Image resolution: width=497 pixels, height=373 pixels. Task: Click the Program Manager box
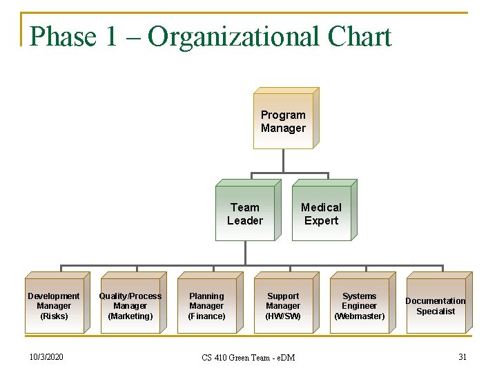tap(283, 121)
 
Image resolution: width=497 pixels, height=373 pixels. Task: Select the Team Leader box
tap(245, 213)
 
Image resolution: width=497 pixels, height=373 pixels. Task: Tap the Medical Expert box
tap(321, 213)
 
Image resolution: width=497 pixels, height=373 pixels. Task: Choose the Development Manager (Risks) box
tap(54, 306)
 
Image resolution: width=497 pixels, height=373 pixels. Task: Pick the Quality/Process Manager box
tap(130, 306)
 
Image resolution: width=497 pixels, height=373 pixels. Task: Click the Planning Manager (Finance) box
tap(207, 306)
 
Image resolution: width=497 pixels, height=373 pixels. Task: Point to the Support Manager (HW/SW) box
tap(283, 306)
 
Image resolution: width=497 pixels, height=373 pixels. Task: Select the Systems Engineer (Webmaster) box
tap(360, 306)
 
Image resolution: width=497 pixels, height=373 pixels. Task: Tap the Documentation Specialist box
tap(436, 306)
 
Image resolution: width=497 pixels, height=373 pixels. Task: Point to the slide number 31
tap(462, 356)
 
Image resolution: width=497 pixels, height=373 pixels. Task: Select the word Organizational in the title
tap(234, 37)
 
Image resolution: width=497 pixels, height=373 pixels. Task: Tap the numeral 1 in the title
tap(111, 37)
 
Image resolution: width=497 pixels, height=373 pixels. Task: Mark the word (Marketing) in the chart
tap(130, 316)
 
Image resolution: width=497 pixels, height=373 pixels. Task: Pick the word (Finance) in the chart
tap(207, 316)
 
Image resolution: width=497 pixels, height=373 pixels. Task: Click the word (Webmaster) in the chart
tap(360, 316)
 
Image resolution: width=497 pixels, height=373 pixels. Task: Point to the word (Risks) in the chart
tap(54, 316)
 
